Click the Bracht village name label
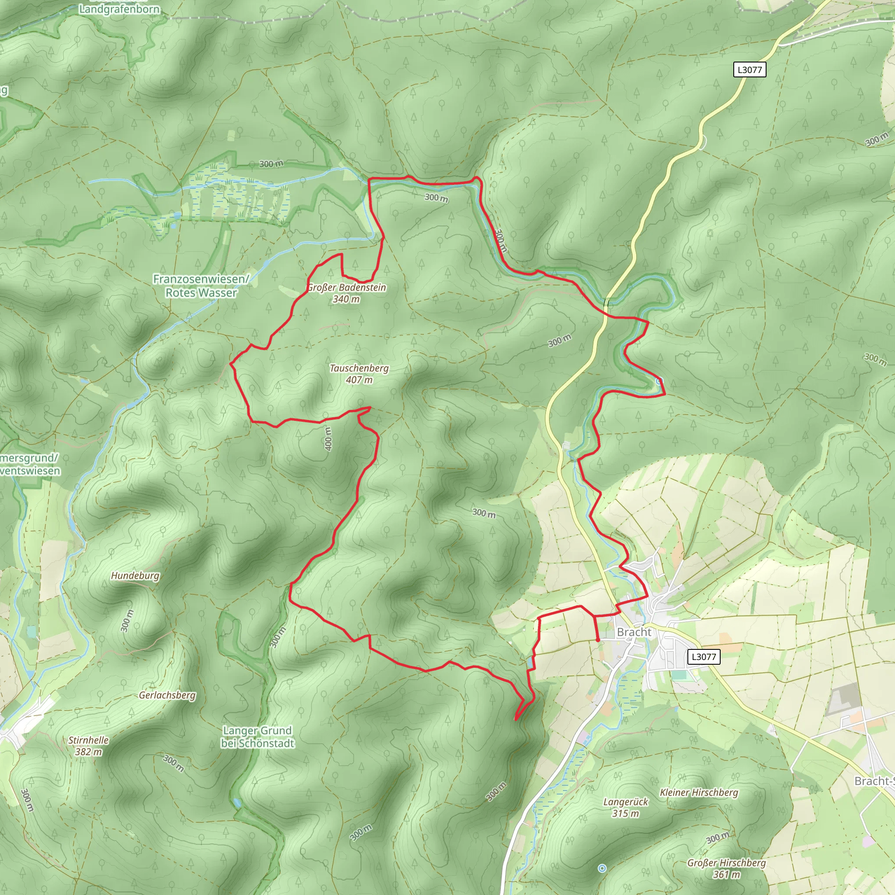pos(634,632)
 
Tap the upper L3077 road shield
pos(749,70)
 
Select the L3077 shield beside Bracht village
pos(703,656)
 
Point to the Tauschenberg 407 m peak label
pos(359,374)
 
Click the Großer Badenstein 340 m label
pos(347,293)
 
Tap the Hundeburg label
pos(135,576)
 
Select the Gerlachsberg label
pos(167,695)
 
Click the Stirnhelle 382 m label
pos(88,746)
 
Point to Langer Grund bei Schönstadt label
pos(257,736)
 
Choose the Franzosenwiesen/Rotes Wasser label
pos(201,286)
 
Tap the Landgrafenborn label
pos(119,9)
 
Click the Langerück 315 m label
pos(625,808)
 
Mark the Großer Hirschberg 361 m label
pos(726,869)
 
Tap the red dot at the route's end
pos(597,640)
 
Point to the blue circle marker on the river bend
pos(659,381)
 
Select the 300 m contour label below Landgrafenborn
pos(271,163)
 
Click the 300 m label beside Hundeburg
pos(126,621)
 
